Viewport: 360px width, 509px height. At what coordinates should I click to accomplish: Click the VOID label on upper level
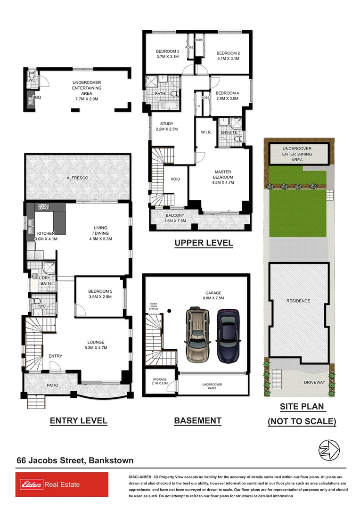click(x=175, y=179)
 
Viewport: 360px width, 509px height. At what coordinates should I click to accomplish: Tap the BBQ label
click(x=36, y=98)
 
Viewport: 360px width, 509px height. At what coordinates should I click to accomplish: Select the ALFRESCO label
click(x=77, y=178)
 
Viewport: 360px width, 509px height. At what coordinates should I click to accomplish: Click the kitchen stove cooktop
click(x=43, y=206)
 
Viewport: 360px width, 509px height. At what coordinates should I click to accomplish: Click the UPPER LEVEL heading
click(x=204, y=243)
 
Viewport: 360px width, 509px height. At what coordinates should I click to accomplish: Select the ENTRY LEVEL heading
click(x=78, y=420)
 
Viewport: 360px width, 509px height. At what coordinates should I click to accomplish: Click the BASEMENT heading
click(x=197, y=420)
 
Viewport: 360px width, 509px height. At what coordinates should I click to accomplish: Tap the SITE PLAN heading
click(x=302, y=406)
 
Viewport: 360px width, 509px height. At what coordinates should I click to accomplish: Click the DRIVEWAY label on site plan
click(x=314, y=382)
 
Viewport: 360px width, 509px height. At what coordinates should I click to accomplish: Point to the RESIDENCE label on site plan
click(x=298, y=301)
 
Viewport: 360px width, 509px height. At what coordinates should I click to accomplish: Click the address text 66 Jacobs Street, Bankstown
click(x=75, y=460)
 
